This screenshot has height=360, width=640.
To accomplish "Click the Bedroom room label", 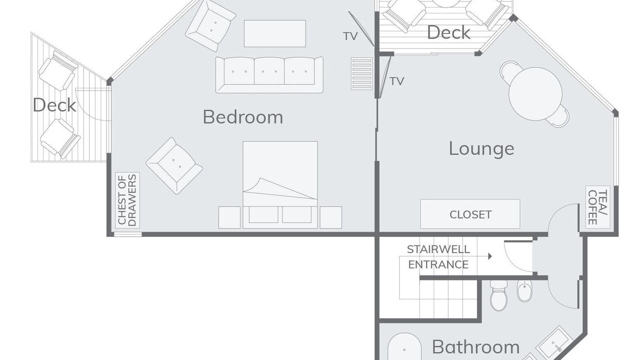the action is (x=243, y=117).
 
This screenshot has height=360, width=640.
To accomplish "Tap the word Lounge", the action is (x=481, y=149).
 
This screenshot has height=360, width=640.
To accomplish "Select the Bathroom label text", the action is (x=475, y=347).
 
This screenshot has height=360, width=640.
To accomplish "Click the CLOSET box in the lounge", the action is (x=470, y=214).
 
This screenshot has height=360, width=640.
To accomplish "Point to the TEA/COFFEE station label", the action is (x=597, y=207).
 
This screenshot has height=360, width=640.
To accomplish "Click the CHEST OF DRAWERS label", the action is (x=127, y=200).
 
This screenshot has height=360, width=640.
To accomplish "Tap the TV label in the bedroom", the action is (x=350, y=36).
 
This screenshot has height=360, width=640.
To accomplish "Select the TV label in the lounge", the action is (x=397, y=81).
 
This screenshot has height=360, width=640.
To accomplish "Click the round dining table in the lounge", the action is (x=535, y=94).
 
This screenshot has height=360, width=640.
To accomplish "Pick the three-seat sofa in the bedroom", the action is (x=269, y=75).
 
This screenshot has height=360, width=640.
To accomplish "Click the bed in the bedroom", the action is (x=280, y=184).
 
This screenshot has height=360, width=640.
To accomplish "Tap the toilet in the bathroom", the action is (x=498, y=295).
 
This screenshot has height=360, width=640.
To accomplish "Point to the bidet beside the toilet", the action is (x=525, y=290).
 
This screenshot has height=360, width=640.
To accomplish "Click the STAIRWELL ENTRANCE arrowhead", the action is (x=490, y=256).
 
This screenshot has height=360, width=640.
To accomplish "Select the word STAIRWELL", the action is (x=438, y=249).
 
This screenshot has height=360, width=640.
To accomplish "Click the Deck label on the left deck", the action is (x=54, y=105).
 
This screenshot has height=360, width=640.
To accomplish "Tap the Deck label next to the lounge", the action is (x=448, y=32).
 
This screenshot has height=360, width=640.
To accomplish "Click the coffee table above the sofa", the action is (x=275, y=33).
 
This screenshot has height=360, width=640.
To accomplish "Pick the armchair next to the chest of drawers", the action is (x=174, y=165).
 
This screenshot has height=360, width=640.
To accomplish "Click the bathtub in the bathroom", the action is (x=404, y=346).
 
